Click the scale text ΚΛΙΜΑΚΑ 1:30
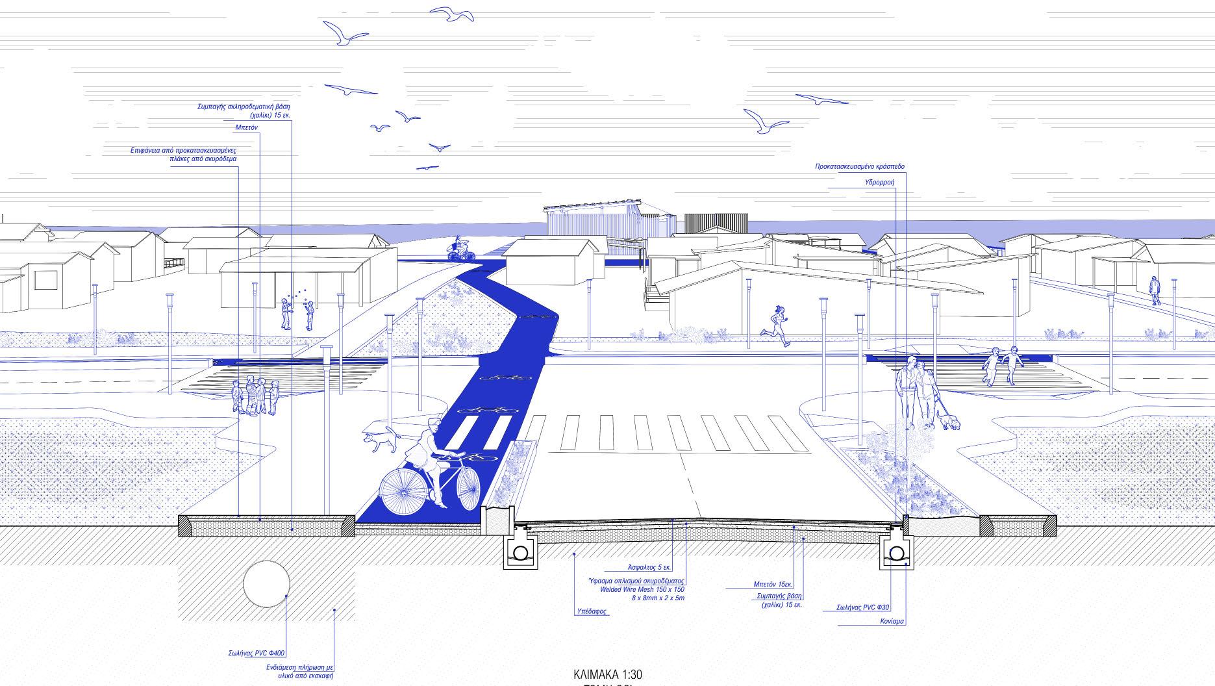click(607, 674)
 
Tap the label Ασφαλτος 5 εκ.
click(649, 567)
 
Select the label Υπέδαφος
click(591, 611)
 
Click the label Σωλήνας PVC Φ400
click(257, 653)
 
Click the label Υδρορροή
click(879, 183)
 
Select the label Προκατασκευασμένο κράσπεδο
click(859, 167)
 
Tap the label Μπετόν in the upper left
click(246, 127)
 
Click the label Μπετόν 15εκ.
click(773, 584)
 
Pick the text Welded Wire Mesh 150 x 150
click(642, 589)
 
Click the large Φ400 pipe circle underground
click(266, 583)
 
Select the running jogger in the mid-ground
click(779, 325)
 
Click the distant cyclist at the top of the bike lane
click(460, 249)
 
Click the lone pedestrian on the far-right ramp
click(1154, 290)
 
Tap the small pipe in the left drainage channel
click(520, 553)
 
